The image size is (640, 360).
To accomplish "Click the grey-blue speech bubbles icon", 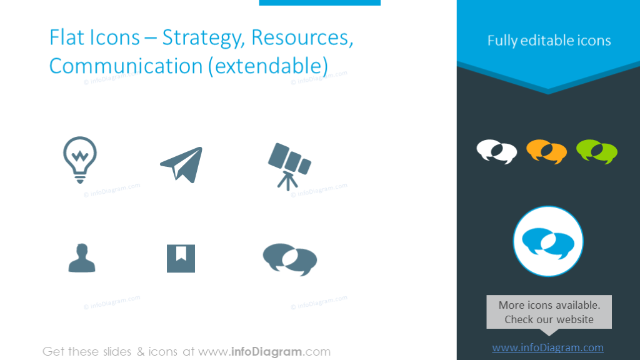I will pyautogui.click(x=289, y=258).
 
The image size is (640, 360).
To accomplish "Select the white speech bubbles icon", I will pyautogui.click(x=497, y=152).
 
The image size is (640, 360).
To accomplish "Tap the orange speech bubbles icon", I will pyautogui.click(x=546, y=152).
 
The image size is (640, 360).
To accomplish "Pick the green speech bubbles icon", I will pyautogui.click(x=596, y=152).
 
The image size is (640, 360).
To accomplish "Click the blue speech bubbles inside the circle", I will pyautogui.click(x=547, y=242).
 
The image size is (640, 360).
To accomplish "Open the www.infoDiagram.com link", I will pyautogui.click(x=547, y=348).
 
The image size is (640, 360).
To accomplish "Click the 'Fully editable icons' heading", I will pyautogui.click(x=549, y=41).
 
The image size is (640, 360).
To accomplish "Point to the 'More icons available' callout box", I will pyautogui.click(x=549, y=312).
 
